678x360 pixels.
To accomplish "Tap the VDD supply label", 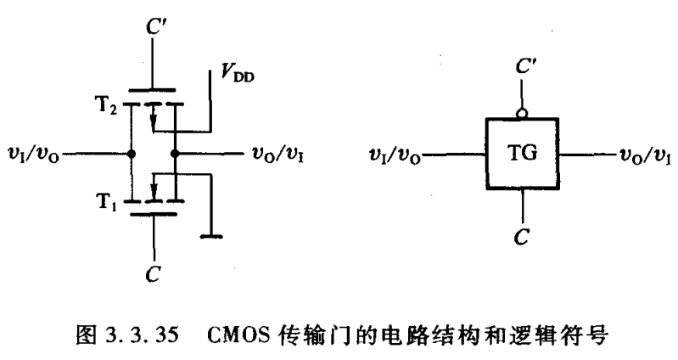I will (x=235, y=77).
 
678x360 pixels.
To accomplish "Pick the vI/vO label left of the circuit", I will (x=34, y=155).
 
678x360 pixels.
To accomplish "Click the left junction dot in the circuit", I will (x=131, y=155).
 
